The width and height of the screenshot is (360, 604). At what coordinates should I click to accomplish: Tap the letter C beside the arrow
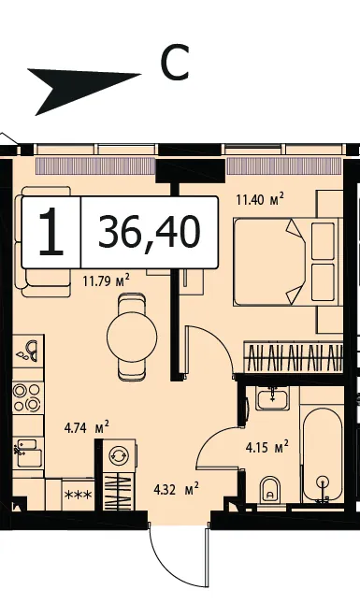click(175, 63)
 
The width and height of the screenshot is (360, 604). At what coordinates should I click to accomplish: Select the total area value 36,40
click(150, 232)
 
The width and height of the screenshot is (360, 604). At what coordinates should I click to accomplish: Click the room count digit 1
click(50, 232)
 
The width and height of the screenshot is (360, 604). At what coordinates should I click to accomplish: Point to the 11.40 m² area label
click(260, 199)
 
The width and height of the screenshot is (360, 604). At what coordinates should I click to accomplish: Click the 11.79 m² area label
click(106, 280)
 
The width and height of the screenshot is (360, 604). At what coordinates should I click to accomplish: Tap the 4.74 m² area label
click(87, 427)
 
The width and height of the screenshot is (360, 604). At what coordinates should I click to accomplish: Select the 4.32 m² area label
click(176, 489)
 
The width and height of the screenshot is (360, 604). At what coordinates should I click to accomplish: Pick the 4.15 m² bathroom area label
click(267, 447)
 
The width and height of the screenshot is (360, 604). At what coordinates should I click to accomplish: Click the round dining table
click(132, 337)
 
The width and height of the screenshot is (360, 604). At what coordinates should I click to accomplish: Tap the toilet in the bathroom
click(270, 489)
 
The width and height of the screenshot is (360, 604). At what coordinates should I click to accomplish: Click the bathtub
click(323, 454)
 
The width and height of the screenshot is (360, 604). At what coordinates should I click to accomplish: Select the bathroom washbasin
click(273, 398)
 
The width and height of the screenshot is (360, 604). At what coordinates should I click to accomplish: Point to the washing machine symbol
click(119, 455)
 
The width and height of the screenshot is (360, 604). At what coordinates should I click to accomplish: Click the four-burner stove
click(27, 397)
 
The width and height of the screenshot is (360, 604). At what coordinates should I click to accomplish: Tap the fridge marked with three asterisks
click(79, 495)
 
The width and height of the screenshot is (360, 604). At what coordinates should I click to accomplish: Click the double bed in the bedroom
click(288, 262)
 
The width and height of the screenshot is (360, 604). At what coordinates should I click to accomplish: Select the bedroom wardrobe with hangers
click(294, 357)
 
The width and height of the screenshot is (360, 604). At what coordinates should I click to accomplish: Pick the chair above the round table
click(132, 303)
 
